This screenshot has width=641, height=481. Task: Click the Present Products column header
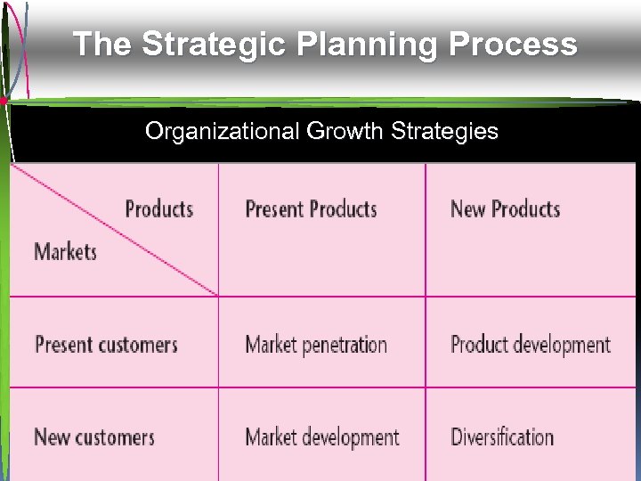pos(311,209)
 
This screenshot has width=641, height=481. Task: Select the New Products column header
pos(505,209)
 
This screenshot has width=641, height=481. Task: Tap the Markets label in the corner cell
pos(65,251)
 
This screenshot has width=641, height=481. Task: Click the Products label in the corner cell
pos(158,209)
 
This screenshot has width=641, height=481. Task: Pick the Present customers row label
pos(106,345)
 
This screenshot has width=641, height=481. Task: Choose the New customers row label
pos(93,437)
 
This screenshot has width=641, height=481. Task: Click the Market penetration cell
pos(316,345)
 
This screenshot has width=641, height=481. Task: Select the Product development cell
pos(531,345)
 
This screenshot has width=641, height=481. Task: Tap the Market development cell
pos(321,437)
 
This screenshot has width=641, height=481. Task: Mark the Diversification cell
pos(502,437)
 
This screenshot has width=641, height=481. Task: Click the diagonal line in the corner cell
pos(116,230)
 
